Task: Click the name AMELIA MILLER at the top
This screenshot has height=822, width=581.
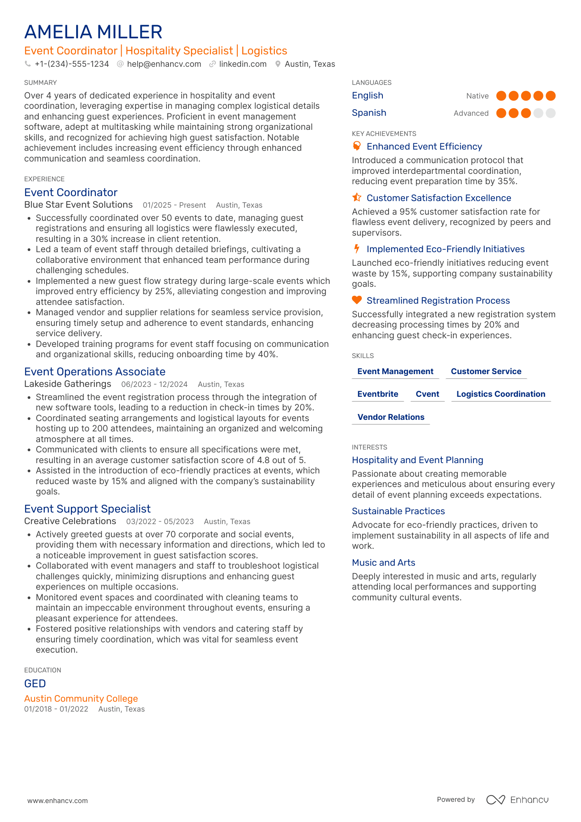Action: click(x=93, y=32)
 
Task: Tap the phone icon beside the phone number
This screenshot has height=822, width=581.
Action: click(x=28, y=64)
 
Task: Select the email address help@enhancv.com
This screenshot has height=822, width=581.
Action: click(x=164, y=64)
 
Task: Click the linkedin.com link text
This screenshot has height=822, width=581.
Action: click(x=243, y=64)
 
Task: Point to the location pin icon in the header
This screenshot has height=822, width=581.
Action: click(x=278, y=64)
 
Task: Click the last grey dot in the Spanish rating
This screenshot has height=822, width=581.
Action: click(x=551, y=113)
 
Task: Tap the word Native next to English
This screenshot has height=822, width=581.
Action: click(x=477, y=96)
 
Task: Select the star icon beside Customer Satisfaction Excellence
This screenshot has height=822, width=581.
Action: click(x=357, y=198)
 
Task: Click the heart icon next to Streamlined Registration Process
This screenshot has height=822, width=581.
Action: click(x=357, y=300)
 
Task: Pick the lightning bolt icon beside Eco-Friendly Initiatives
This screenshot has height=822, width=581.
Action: click(x=357, y=249)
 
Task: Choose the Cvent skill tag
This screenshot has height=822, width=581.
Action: click(x=427, y=394)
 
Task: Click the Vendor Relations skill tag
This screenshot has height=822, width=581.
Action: click(x=391, y=417)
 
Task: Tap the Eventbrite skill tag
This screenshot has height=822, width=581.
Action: click(x=377, y=394)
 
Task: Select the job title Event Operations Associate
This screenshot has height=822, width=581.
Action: click(x=95, y=372)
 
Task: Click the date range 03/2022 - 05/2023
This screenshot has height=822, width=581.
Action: click(x=160, y=522)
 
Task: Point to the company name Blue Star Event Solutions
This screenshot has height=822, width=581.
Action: click(x=78, y=205)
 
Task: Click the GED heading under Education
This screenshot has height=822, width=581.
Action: click(x=35, y=684)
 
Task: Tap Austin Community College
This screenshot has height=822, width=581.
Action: click(x=81, y=699)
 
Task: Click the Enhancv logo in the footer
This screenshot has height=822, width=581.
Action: click(x=517, y=800)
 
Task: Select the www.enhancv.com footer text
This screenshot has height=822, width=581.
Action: click(x=57, y=801)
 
